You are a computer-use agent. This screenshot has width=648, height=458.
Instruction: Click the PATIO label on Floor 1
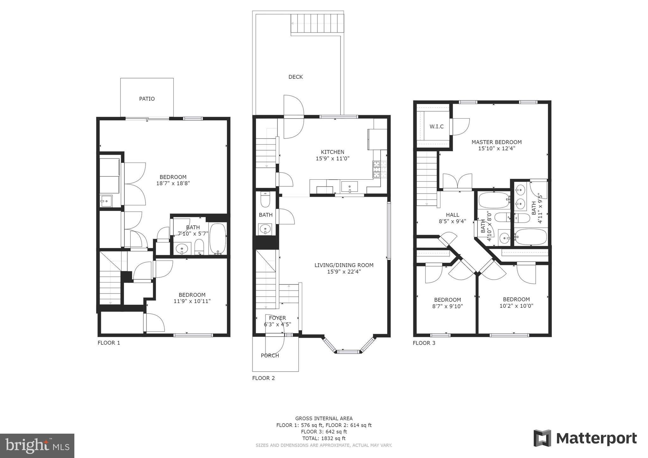147,99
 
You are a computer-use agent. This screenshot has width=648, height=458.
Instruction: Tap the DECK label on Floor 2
296,77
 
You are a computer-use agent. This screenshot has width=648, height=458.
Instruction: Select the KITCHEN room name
333,152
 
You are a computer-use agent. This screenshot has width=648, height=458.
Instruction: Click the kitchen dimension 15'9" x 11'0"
333,158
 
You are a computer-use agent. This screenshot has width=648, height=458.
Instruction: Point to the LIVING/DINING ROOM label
344,265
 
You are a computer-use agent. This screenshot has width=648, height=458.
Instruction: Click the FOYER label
277,318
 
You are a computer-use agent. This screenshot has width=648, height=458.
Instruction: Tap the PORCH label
270,356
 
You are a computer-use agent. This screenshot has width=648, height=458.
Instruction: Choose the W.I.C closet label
437,127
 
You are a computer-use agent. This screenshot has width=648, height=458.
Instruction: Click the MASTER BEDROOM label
496,142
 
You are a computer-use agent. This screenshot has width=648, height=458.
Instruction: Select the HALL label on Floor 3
452,215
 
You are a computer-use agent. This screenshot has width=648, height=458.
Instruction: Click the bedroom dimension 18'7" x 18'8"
173,183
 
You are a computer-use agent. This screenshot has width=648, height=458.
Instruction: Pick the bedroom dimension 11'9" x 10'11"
192,301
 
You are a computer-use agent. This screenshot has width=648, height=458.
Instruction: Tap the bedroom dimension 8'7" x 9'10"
447,306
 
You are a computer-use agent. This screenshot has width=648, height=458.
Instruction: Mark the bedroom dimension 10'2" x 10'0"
516,306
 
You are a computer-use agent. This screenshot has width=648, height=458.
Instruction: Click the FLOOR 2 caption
264,378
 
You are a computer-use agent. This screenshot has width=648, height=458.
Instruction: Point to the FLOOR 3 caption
424,343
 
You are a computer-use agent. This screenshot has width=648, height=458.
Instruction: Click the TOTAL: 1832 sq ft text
324,438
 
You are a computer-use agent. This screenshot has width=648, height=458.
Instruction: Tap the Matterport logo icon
542,438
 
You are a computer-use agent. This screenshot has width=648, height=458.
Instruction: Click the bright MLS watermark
37,446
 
